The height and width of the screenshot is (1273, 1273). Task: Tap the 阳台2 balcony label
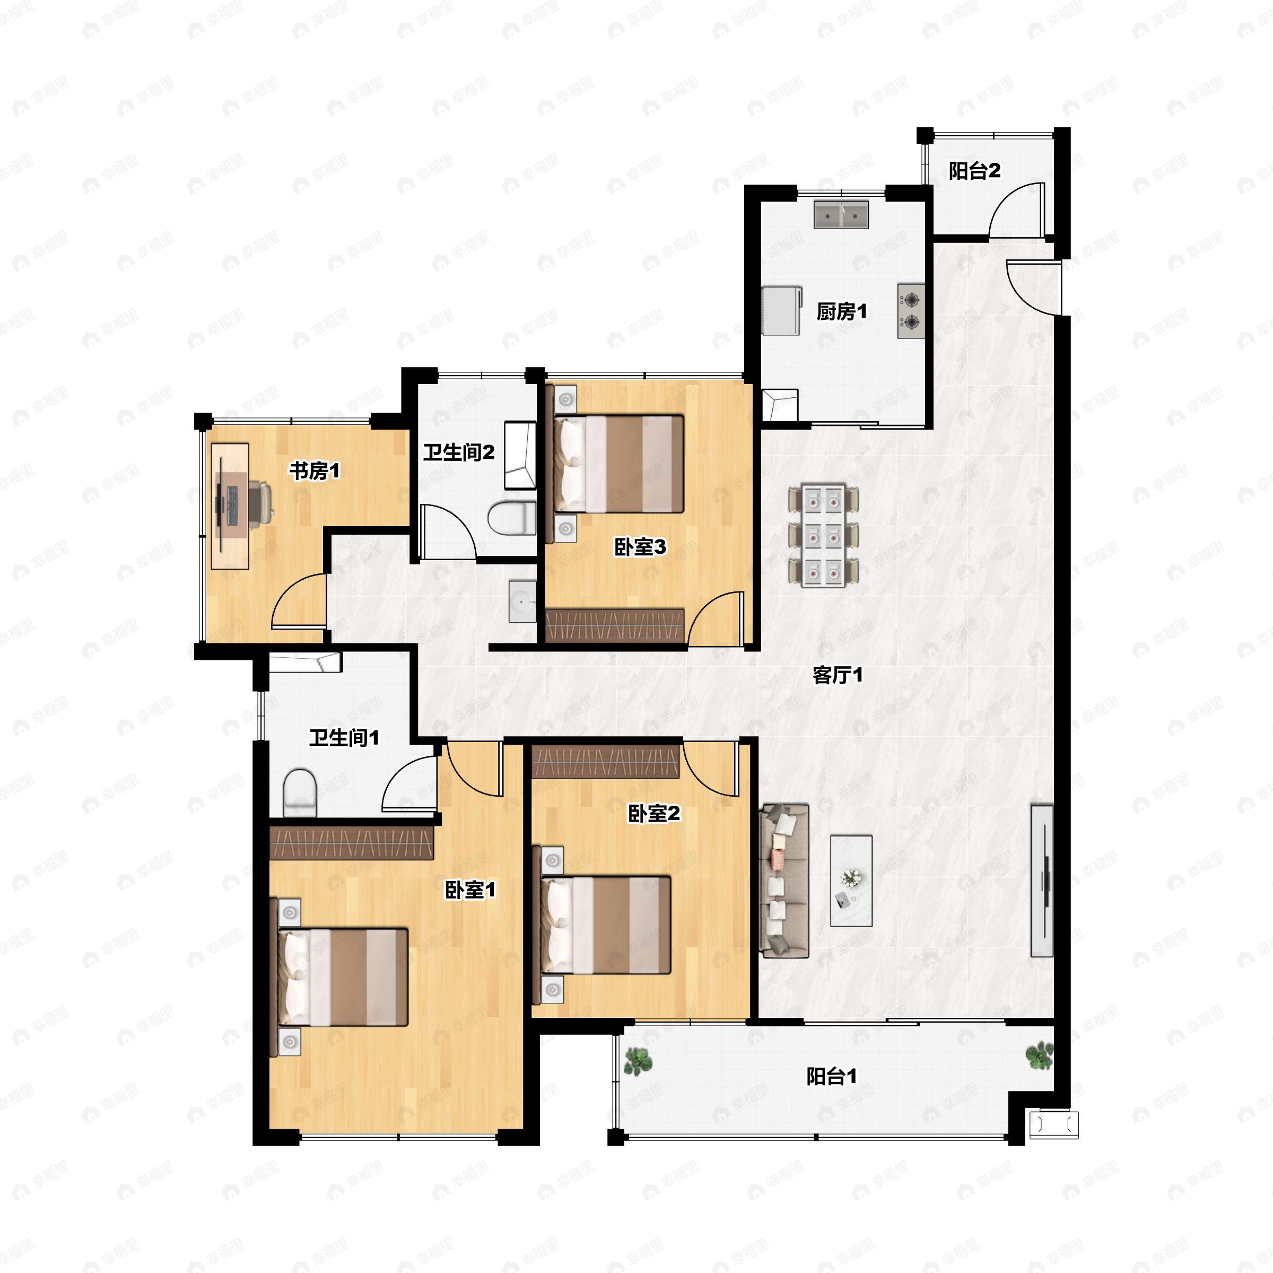[x=974, y=171]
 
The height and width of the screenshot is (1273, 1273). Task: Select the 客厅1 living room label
[x=838, y=675]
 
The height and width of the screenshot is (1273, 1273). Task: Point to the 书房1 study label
[x=315, y=471]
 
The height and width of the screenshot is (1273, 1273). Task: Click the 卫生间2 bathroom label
[x=459, y=452]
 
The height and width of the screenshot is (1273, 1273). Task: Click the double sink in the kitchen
[x=841, y=215]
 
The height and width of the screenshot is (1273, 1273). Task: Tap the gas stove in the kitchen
[x=911, y=311]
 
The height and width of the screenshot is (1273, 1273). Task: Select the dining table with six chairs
[x=824, y=536]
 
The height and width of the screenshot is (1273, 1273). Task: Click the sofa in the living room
[x=784, y=881]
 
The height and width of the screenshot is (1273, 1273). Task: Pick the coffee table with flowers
[x=851, y=881]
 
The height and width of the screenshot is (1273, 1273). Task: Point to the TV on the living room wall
[x=1042, y=880]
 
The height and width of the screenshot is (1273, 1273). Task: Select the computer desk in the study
[x=230, y=505]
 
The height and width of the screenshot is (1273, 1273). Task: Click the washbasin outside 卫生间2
[x=522, y=601]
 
